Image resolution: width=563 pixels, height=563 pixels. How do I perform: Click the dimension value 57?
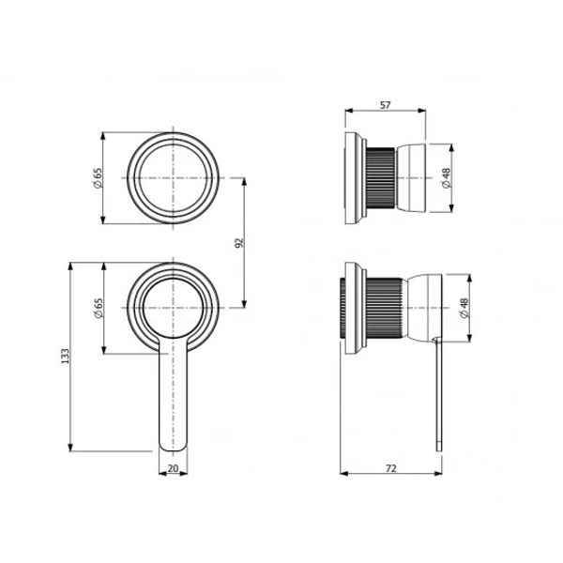pyautogui.click(x=386, y=105)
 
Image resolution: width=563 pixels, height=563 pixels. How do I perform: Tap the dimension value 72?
pyautogui.click(x=391, y=468)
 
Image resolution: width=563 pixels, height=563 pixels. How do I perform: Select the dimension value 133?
pyautogui.click(x=65, y=356)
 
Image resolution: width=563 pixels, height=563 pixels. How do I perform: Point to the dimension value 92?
pyautogui.click(x=239, y=243)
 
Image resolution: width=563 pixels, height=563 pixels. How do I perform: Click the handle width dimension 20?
pyautogui.click(x=173, y=468)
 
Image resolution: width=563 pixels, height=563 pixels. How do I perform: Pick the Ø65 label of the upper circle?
pyautogui.click(x=98, y=177)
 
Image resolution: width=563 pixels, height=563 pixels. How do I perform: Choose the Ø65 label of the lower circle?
pyautogui.click(x=98, y=308)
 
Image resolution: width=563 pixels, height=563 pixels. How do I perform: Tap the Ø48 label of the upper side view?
pyautogui.click(x=446, y=178)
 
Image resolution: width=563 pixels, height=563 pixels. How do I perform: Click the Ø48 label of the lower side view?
pyautogui.click(x=464, y=308)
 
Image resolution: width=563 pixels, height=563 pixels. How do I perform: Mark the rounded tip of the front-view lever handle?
pyautogui.click(x=173, y=450)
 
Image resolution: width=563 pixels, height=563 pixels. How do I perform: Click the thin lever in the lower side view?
pyautogui.click(x=439, y=394)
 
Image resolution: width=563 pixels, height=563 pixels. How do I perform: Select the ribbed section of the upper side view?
pyautogui.click(x=381, y=178)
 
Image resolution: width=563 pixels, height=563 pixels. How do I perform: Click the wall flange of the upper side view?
pyautogui.click(x=354, y=178)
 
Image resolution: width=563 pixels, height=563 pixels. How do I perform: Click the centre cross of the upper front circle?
pyautogui.click(x=173, y=177)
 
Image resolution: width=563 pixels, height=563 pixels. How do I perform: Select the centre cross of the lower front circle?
pyautogui.click(x=173, y=308)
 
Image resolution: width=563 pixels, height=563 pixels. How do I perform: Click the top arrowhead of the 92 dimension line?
pyautogui.click(x=245, y=182)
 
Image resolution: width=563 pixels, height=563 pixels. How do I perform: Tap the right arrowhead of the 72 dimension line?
pyautogui.click(x=438, y=474)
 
